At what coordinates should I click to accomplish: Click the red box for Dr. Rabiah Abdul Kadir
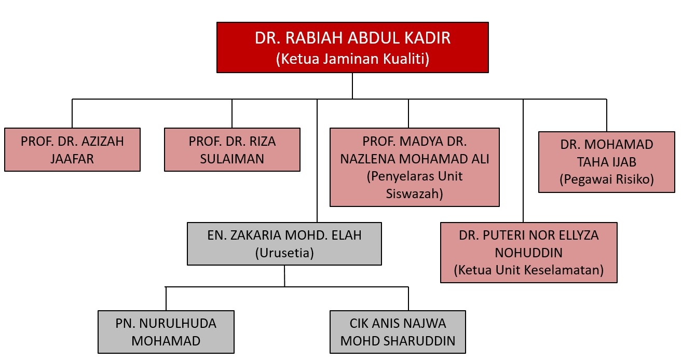pos(352,48)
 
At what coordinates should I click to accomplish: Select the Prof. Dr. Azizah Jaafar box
pos(73,150)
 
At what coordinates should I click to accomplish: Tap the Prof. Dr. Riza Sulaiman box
pos(232,150)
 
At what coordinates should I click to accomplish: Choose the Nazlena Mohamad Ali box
pos(415,168)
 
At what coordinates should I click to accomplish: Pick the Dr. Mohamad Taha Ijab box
pos(607,162)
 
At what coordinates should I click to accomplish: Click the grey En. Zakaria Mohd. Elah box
pos(284,244)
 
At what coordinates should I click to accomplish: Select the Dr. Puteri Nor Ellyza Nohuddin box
pos(529,253)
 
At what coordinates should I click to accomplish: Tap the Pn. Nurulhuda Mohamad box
pos(166,332)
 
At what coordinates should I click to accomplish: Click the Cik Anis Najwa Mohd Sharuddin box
pos(398,332)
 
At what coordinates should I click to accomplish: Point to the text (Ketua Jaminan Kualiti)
pos(352,59)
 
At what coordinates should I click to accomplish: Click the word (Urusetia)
pos(284,253)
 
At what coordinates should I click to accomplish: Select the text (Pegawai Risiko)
pos(607,179)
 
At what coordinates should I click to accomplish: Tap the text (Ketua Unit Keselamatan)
pos(529,270)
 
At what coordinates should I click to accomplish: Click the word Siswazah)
pos(414,194)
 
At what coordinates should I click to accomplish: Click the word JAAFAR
pos(72,159)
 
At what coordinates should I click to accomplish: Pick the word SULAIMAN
pos(232,159)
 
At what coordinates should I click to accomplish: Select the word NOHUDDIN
pos(528,253)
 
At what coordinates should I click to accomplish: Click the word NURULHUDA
pos(178,324)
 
